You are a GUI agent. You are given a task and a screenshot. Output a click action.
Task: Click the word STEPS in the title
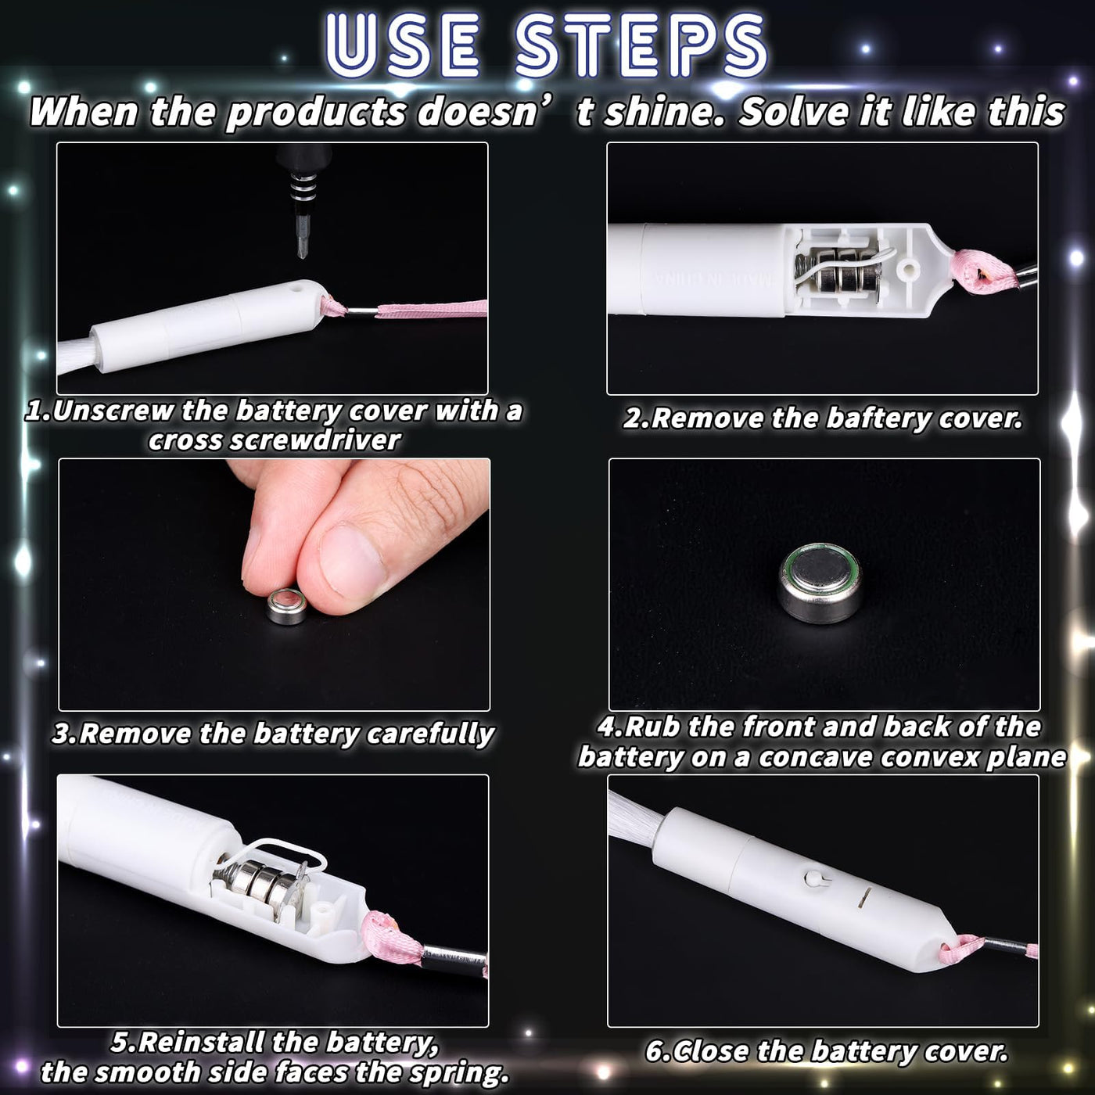coord(641,45)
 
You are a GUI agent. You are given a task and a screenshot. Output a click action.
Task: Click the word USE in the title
coord(402,45)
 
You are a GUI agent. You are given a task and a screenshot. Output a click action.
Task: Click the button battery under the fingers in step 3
coord(287,607)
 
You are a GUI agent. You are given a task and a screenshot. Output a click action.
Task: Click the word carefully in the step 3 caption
coord(431,734)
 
